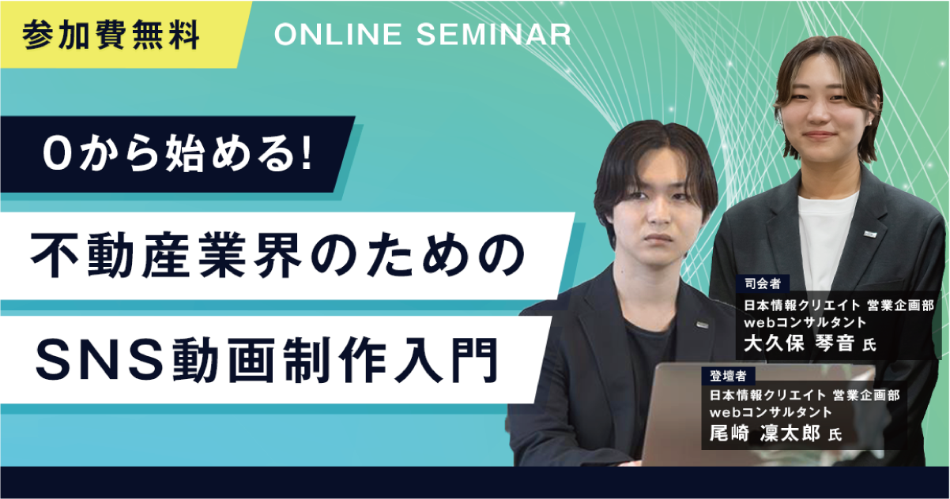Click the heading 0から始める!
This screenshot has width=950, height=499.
point(179,155)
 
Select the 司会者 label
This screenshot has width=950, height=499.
point(762,283)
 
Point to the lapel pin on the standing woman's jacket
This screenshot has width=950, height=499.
point(869,233)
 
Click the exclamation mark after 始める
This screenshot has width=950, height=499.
point(307,155)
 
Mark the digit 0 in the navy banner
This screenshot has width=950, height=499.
point(57,156)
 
